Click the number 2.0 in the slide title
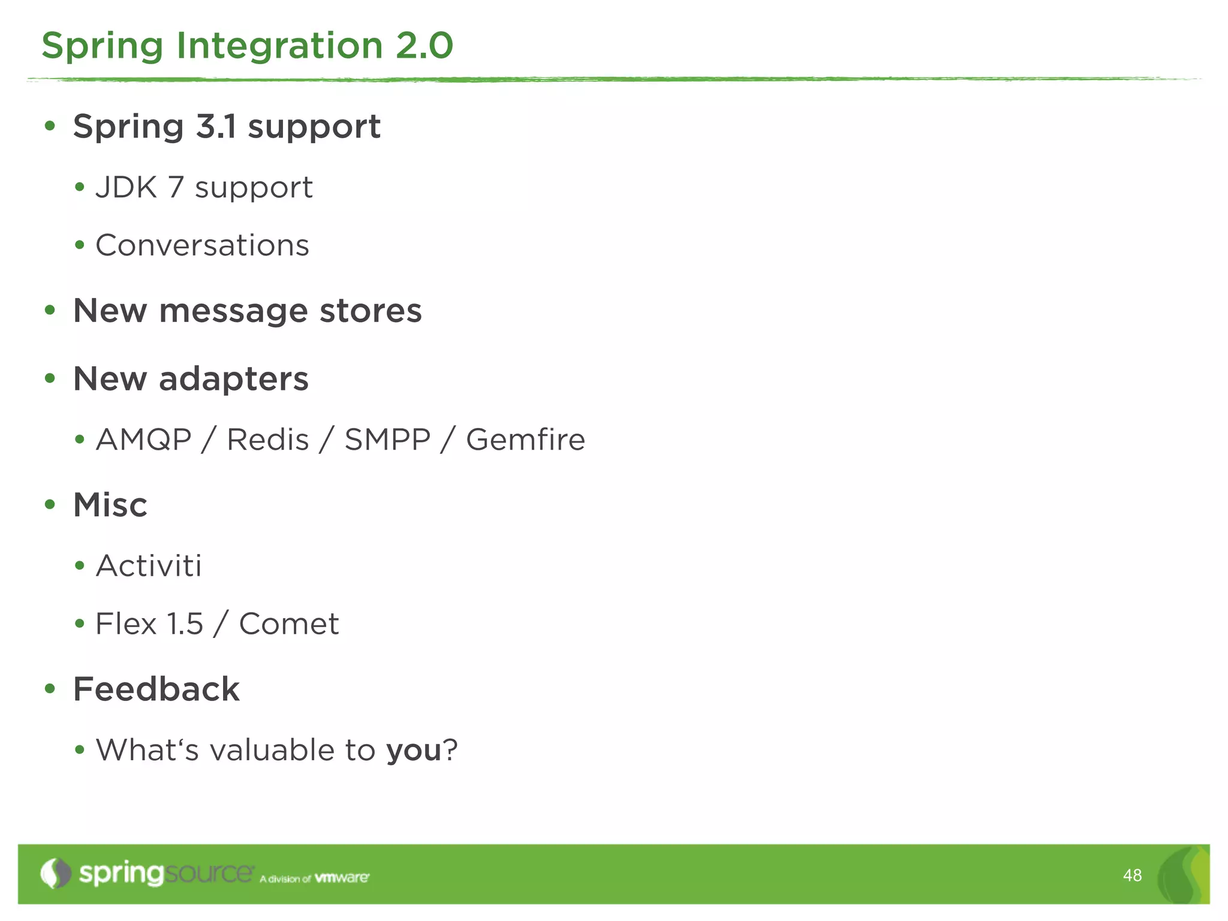click(424, 46)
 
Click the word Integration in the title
click(279, 46)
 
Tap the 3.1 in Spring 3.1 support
click(216, 127)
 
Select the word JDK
click(126, 188)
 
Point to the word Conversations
click(202, 245)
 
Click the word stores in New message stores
click(371, 311)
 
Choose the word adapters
click(233, 379)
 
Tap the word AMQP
click(144, 440)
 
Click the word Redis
click(268, 440)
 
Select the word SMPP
click(387, 440)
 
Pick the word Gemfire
click(525, 440)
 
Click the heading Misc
click(110, 505)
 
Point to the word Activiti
click(149, 566)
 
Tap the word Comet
click(289, 624)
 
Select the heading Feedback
click(156, 689)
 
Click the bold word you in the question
click(414, 751)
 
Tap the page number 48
click(1132, 875)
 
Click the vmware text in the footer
click(342, 878)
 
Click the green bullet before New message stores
click(50, 311)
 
